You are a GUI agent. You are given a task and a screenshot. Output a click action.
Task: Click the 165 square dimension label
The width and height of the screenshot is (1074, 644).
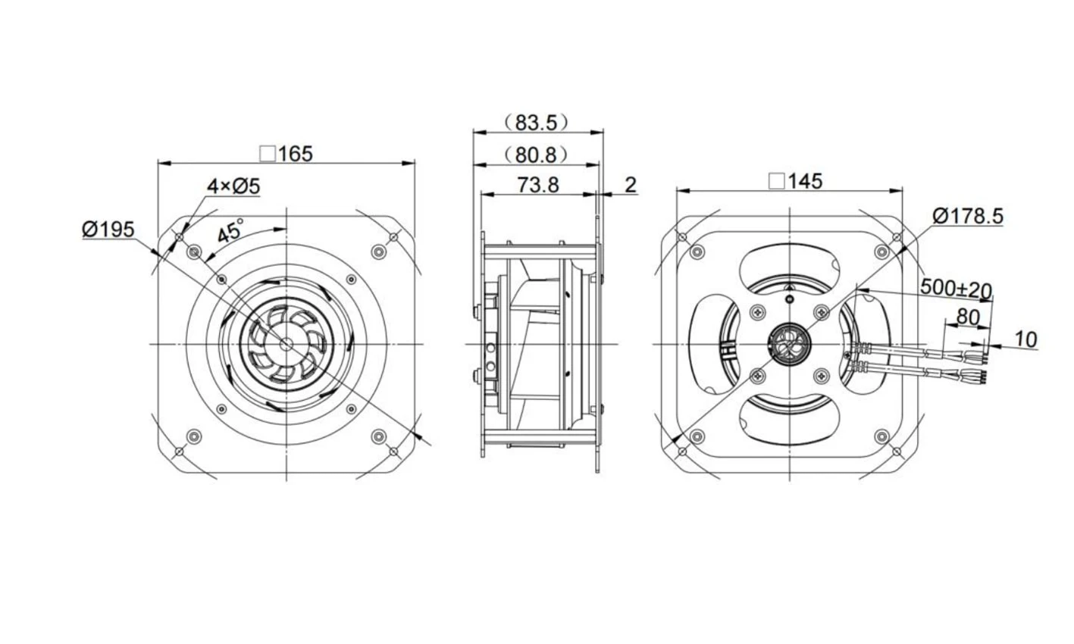[x=287, y=154]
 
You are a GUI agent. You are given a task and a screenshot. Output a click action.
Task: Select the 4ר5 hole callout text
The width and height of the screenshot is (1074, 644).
[x=233, y=186]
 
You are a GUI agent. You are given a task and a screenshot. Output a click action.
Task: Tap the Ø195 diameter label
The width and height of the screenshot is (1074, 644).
[x=108, y=230]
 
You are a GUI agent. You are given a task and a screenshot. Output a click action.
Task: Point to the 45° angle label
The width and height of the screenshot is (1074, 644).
[x=230, y=231]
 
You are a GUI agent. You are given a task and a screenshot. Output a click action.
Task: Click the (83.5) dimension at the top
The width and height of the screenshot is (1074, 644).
[x=537, y=123]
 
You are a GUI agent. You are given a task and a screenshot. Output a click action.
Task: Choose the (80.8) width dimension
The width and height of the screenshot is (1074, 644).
[x=537, y=155]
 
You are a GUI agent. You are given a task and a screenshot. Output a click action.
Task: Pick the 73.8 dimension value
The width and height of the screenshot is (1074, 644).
[x=538, y=185]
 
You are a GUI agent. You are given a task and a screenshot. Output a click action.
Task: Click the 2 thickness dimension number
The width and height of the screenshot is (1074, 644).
[x=631, y=185]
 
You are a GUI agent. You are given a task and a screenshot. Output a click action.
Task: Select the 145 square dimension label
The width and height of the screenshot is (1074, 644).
[x=795, y=181]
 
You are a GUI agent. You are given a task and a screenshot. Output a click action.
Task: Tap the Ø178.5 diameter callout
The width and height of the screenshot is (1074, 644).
[x=968, y=216]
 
